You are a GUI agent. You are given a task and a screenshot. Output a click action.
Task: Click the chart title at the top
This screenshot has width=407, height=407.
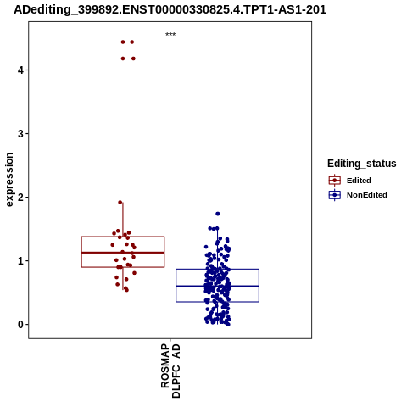pos(170,9)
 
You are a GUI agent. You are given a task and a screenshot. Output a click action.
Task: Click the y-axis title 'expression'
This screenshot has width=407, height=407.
pos(9,180)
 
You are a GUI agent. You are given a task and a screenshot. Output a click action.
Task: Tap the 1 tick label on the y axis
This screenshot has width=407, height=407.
pos(20,261)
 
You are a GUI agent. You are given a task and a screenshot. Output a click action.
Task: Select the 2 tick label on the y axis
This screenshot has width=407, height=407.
pos(20,198)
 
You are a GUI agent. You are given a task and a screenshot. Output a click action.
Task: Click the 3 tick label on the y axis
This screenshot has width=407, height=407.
pos(20,133)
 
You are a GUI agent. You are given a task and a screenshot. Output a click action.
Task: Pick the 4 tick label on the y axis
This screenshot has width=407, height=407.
pos(20,70)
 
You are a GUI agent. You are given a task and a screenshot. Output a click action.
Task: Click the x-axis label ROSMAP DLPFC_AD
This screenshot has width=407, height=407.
pos(170,371)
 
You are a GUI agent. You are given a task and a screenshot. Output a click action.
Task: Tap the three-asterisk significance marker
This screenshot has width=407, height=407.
pos(170,35)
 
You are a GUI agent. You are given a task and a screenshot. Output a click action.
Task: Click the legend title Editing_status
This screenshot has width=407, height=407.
pos(362,164)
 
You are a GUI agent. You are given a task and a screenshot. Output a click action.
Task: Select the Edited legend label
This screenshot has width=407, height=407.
pos(359,181)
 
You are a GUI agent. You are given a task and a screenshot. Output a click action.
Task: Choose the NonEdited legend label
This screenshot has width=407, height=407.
pos(367,195)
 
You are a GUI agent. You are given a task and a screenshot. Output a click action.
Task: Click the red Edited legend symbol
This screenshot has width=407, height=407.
pos(335,181)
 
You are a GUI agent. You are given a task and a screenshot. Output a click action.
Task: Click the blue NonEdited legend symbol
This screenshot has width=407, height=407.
pos(335,195)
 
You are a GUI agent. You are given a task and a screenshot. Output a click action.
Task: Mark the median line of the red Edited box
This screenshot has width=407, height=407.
pos(123,253)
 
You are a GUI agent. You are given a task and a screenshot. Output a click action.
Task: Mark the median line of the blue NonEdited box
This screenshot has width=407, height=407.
pos(217,287)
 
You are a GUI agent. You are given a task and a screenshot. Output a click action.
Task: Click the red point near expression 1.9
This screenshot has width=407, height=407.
pos(120,203)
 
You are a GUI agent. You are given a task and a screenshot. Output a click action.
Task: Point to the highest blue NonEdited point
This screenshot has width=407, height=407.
pos(218,214)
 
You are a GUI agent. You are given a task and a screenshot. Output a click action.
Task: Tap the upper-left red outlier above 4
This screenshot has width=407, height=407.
pos(123,42)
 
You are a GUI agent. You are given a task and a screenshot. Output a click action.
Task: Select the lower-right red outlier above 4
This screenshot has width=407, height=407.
pos(133,59)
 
